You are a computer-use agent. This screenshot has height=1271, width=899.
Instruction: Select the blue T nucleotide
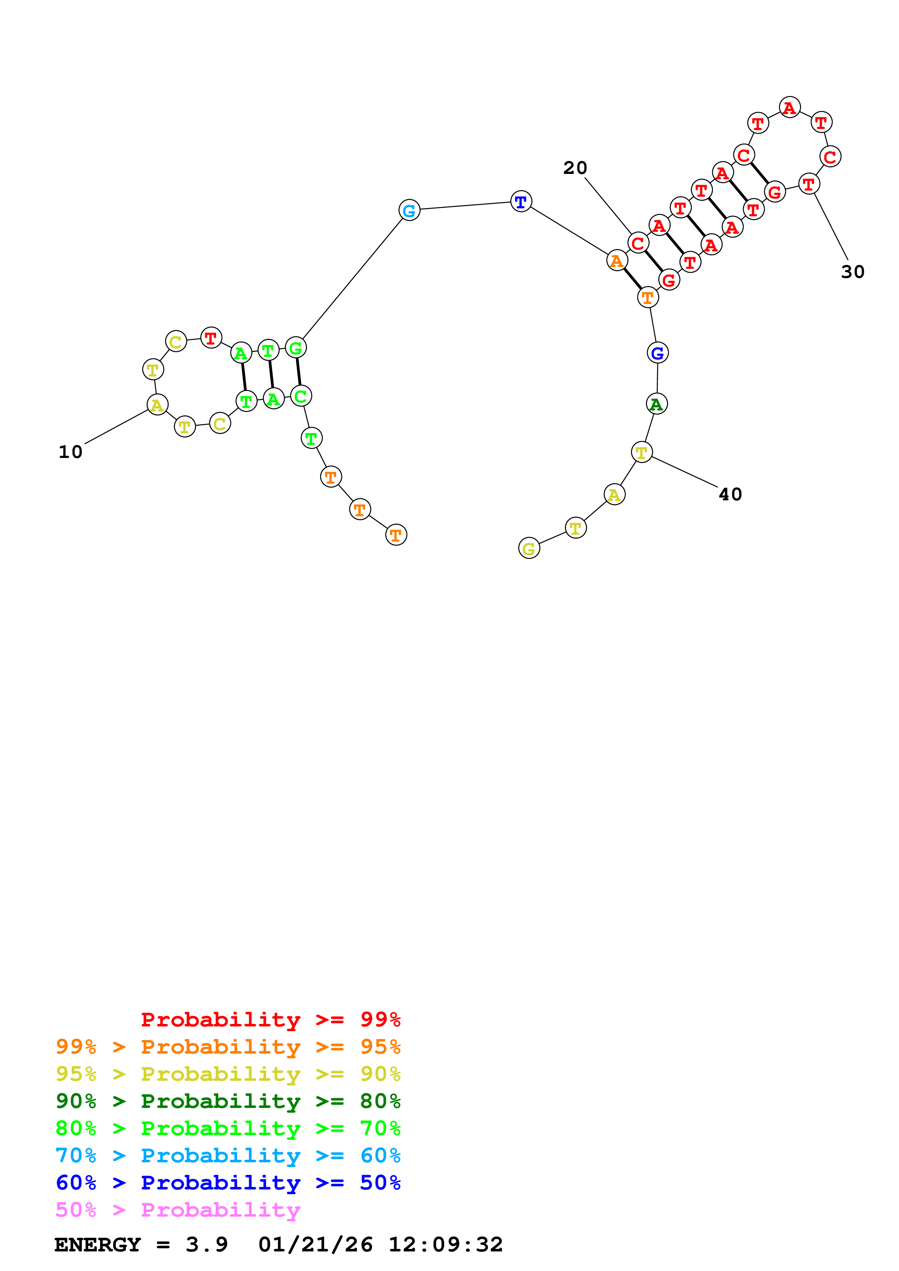click(x=521, y=201)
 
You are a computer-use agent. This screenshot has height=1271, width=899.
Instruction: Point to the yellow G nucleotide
click(x=529, y=548)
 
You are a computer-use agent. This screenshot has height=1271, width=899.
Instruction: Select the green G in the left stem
click(x=296, y=348)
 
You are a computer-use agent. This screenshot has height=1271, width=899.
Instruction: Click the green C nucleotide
click(x=301, y=396)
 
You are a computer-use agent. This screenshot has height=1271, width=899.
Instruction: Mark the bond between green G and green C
click(x=298, y=372)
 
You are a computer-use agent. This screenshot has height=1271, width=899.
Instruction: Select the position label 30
click(x=853, y=272)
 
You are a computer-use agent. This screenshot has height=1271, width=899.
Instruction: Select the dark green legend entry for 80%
click(x=228, y=1101)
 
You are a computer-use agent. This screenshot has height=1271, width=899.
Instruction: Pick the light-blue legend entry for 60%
click(x=228, y=1155)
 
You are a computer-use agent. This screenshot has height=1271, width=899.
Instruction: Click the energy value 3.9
click(x=207, y=1245)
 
